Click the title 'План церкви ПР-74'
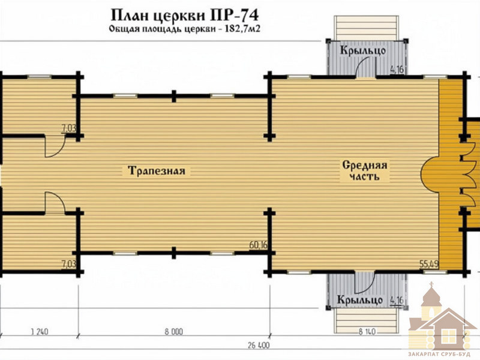pos(184,16)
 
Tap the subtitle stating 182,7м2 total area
pos(184,29)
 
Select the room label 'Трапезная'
pos(157,170)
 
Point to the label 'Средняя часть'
pos(365,171)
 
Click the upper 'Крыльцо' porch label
pos(363,50)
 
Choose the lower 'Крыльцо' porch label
pos(360,299)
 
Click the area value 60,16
pos(259,245)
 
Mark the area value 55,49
pos(429,263)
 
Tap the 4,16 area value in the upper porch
pos(397,70)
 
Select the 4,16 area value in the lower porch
pos(397,301)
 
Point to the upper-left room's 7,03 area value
pos(68,128)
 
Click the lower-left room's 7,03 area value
pos(68,263)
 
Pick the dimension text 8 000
pos(173,332)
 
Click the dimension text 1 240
pos(40,332)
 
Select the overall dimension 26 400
pos(259,346)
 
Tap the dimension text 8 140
pos(367,332)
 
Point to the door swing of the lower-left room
pos(61,199)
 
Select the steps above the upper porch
pos(367,28)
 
